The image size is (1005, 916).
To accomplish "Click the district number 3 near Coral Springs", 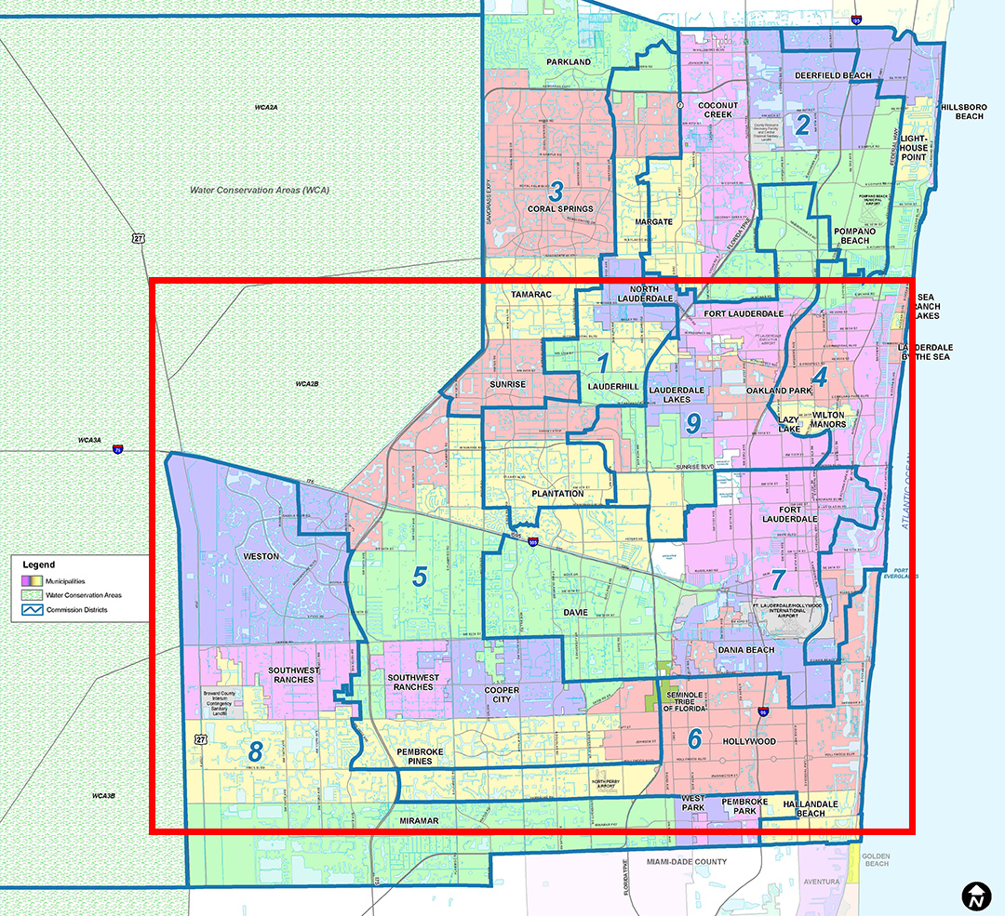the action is (x=556, y=192).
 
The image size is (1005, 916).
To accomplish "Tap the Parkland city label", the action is (x=569, y=62).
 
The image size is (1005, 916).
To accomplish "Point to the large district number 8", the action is (x=255, y=750).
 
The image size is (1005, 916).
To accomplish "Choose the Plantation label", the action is (x=557, y=494).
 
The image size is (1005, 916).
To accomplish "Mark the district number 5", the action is (x=420, y=577).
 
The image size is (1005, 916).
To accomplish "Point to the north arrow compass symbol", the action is (x=975, y=896).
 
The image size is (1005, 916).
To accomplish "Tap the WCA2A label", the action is (x=266, y=108).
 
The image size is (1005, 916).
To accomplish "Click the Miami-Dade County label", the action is (x=687, y=861).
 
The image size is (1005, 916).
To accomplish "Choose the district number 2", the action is (x=800, y=125).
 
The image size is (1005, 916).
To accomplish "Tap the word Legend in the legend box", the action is (x=39, y=564).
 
